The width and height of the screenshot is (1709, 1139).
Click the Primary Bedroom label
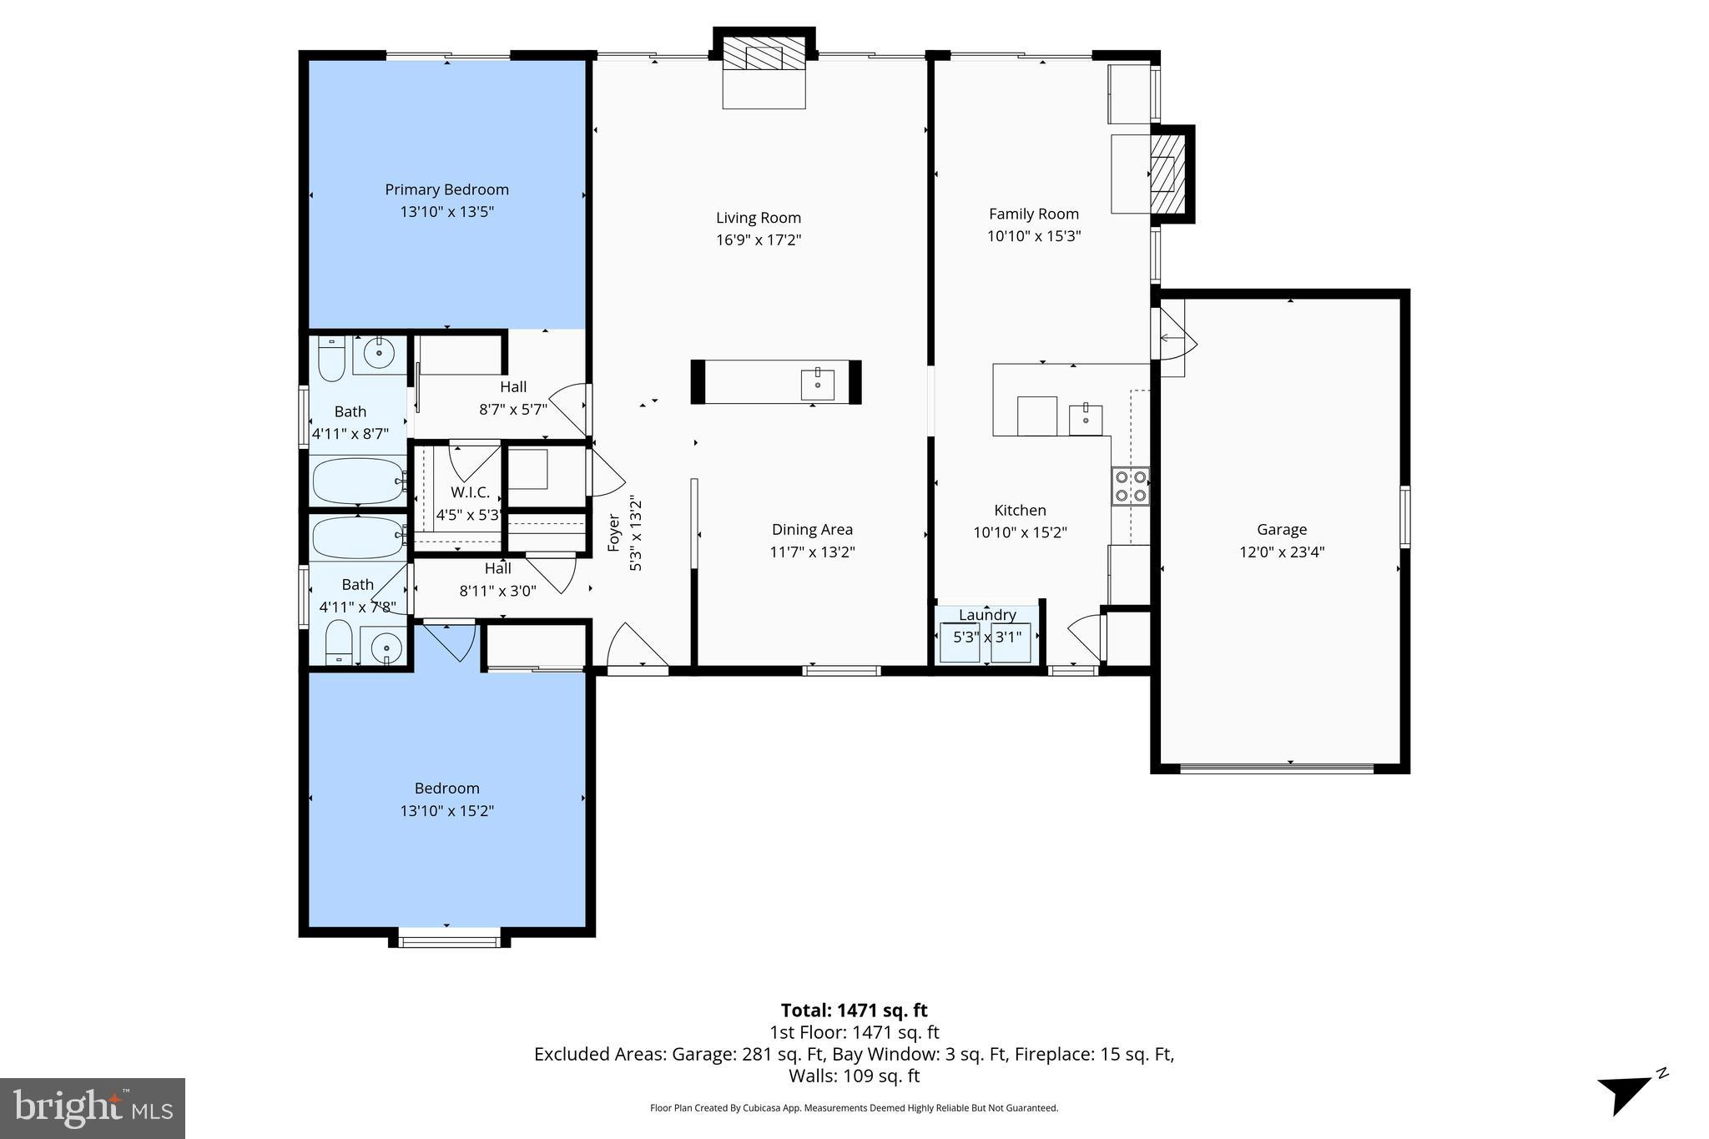coord(446,189)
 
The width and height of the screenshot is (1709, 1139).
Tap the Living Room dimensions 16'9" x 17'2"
coord(758,240)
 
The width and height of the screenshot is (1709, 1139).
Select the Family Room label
coord(1033,214)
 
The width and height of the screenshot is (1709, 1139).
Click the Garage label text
coord(1281,529)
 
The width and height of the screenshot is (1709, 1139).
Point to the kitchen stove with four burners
coord(1130,486)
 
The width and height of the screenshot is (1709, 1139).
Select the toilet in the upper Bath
coord(331,358)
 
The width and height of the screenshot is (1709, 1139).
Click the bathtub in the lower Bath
coord(357,537)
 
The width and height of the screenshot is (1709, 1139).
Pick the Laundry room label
coord(987,615)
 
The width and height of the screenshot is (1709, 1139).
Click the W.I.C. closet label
coord(470,492)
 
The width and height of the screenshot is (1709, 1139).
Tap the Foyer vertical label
coord(614,532)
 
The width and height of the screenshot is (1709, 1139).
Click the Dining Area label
coord(811,529)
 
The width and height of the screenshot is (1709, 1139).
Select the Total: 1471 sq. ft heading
coord(854,1010)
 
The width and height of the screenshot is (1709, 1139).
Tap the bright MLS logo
coord(93,1108)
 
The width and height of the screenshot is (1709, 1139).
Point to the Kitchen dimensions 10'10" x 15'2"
coord(1020,532)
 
